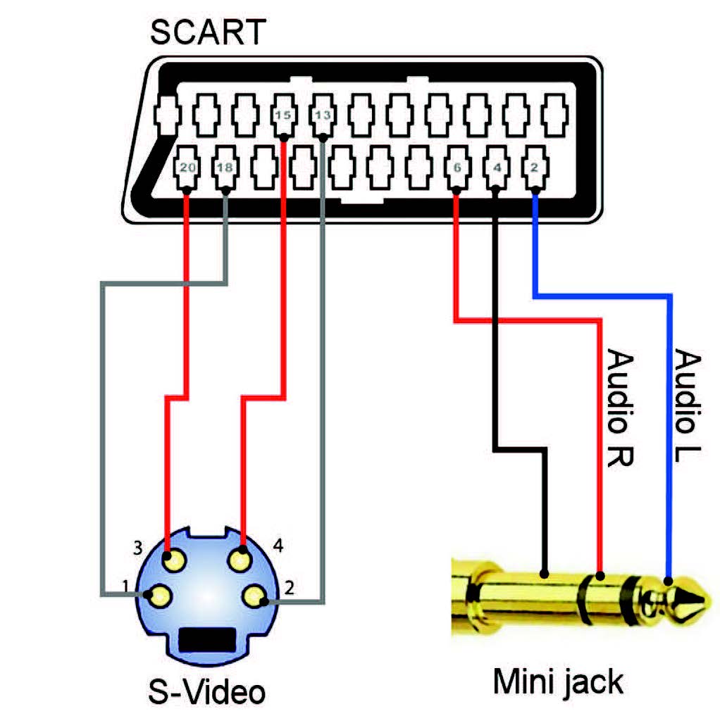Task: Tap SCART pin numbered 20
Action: point(187,168)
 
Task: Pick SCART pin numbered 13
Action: point(323,114)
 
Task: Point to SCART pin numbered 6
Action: point(457,168)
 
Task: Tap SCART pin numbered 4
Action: point(497,168)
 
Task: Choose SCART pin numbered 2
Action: point(534,168)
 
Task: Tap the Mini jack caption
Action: point(558,681)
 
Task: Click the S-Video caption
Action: point(207,691)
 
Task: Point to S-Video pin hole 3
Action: point(174,561)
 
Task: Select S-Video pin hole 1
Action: point(161,596)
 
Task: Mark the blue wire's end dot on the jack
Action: point(669,581)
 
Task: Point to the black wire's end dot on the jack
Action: point(544,572)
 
